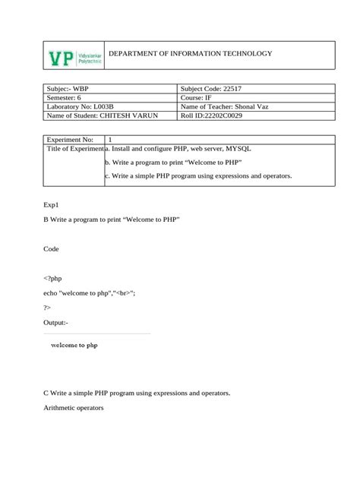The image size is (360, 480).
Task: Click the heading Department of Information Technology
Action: pyautogui.click(x=190, y=54)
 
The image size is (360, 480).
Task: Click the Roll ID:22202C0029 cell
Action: pyautogui.click(x=219, y=115)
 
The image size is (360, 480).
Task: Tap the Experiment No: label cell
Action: pyautogui.click(x=70, y=140)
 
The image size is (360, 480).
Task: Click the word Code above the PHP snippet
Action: pyautogui.click(x=52, y=248)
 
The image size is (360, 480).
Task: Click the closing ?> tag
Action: pyautogui.click(x=48, y=308)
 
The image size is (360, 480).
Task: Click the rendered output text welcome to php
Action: pyautogui.click(x=74, y=345)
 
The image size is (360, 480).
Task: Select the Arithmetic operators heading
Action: pyautogui.click(x=74, y=408)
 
